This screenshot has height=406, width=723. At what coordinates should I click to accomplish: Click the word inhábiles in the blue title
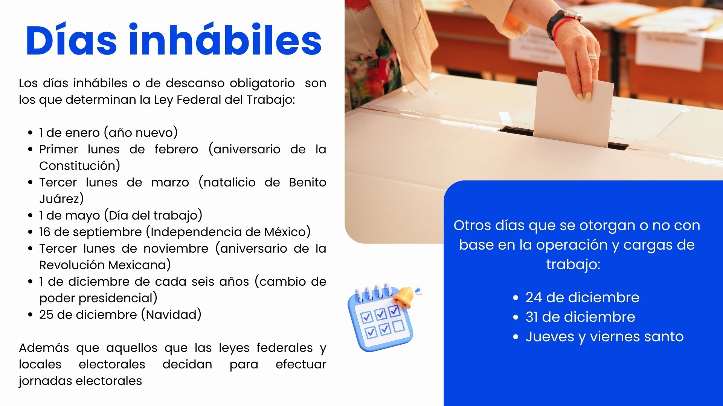(225, 40)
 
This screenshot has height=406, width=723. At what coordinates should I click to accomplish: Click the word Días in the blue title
(72, 40)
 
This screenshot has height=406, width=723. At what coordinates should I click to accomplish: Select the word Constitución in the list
(79, 165)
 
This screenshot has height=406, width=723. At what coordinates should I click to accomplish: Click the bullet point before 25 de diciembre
(31, 315)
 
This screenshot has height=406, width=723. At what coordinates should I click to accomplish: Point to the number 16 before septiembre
(44, 232)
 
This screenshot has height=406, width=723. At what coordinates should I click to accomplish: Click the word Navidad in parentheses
(171, 315)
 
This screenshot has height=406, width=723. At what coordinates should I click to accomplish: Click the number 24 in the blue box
(534, 297)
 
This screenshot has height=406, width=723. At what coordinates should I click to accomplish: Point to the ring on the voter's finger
(593, 56)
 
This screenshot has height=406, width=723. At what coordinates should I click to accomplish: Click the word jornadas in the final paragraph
(46, 381)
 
